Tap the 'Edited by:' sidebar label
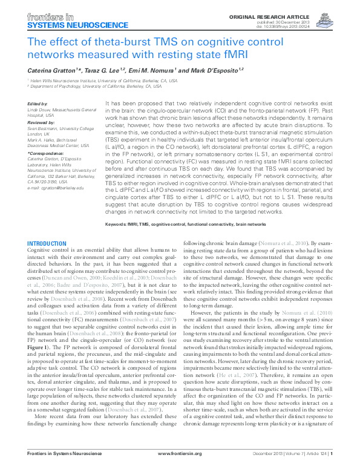point(38,104)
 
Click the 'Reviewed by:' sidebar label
point(41,122)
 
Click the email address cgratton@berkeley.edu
point(56,188)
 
